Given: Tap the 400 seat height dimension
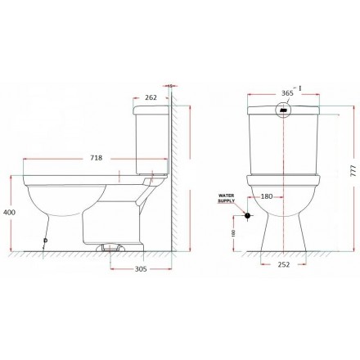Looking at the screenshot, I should click(x=8, y=212).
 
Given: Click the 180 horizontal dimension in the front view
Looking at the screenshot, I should click(x=266, y=197).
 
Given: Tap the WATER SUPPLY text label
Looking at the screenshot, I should click(x=226, y=199).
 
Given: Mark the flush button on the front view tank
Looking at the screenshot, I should click(x=285, y=111).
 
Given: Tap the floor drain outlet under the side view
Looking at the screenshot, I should click(x=110, y=245).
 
